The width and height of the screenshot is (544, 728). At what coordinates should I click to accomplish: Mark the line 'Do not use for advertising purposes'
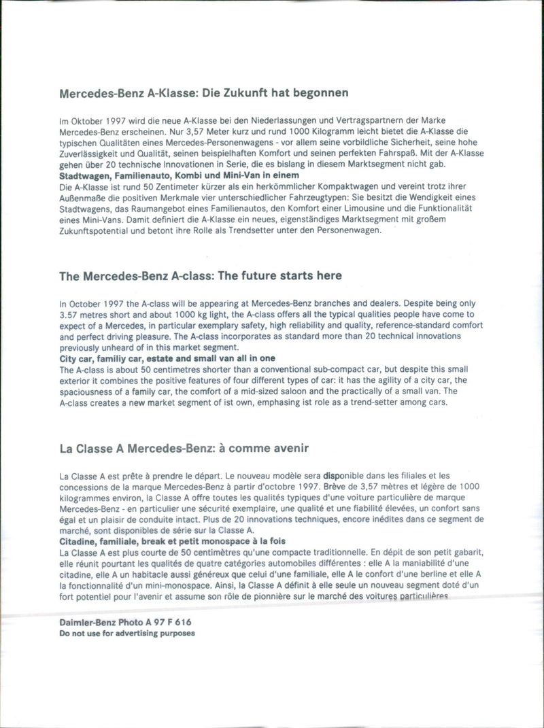(x=127, y=633)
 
